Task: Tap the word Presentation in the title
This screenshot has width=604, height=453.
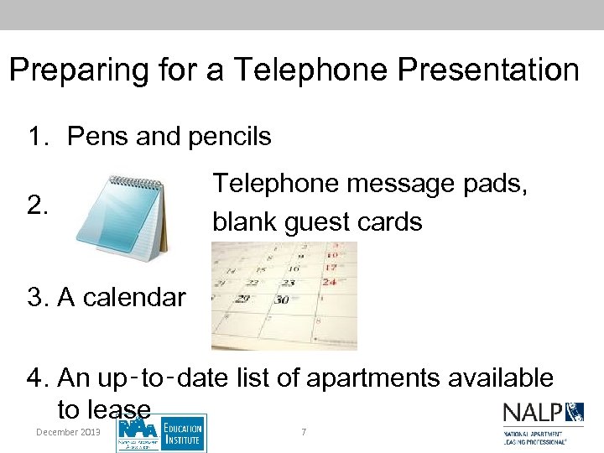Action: (x=488, y=70)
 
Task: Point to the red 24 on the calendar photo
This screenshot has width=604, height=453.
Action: (x=330, y=283)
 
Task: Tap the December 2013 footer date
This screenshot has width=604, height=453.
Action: (x=68, y=431)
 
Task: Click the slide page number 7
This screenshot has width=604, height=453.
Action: (x=304, y=431)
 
